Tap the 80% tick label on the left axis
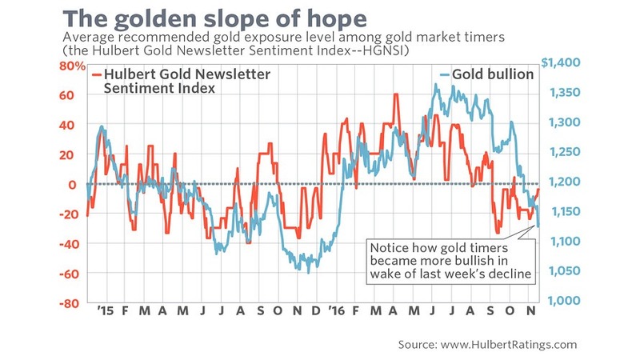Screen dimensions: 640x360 (72, 66)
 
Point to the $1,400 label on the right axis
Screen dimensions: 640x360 (561, 62)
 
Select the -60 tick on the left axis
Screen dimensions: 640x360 (67, 274)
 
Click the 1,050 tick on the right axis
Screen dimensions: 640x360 (564, 271)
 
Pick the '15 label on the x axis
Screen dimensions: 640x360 (106, 310)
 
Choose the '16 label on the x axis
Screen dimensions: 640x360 (337, 310)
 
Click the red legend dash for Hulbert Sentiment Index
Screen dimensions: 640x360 (97, 74)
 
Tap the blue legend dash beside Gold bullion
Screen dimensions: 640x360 (445, 74)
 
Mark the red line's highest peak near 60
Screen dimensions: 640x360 (396, 94)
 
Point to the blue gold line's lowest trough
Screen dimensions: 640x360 (309, 272)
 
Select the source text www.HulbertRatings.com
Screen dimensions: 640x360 (509, 345)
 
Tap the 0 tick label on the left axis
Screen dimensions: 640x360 (72, 185)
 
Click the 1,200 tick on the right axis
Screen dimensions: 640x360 (564, 182)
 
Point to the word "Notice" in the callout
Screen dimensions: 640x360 (389, 248)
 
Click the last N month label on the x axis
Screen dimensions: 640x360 (530, 310)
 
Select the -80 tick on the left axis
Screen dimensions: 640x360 (67, 303)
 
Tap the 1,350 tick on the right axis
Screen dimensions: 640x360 (565, 92)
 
